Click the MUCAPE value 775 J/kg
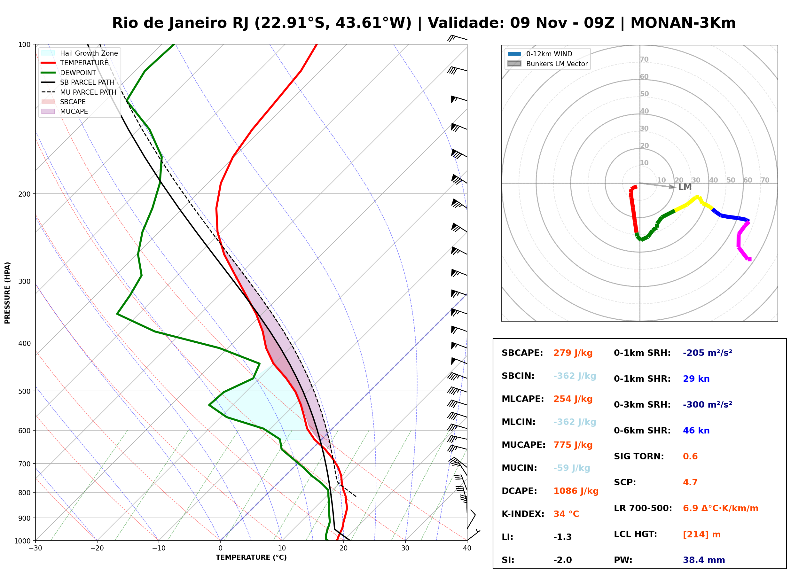573,445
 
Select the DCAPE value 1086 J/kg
576,491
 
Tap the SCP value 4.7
690,482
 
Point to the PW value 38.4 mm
704,560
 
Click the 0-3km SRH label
642,405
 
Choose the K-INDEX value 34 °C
566,514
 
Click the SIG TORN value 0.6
690,456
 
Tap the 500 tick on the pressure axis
24,391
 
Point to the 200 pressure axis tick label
24,194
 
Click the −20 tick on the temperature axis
97,549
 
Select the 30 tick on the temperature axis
405,549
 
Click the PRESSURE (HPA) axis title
7,293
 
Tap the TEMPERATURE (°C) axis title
251,558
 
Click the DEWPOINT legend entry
78,73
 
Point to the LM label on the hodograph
685,187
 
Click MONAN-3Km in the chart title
683,23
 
